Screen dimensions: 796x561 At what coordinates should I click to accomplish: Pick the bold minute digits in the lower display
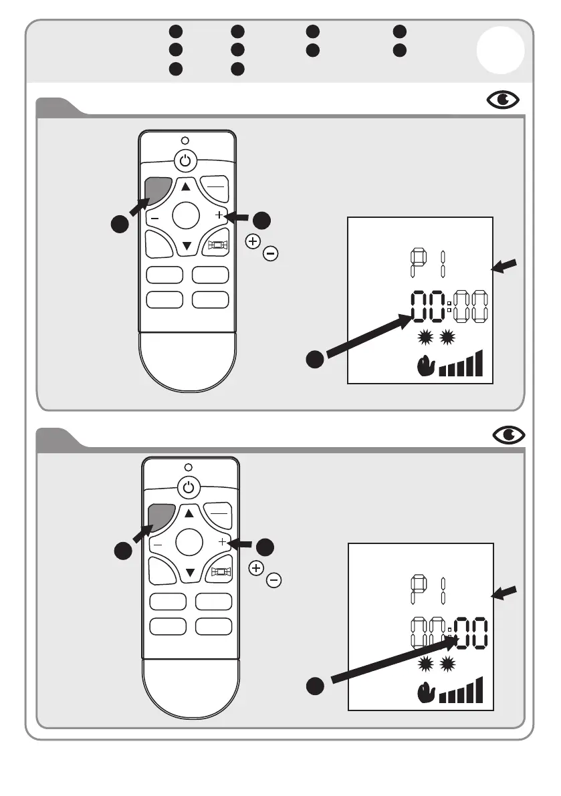click(x=472, y=634)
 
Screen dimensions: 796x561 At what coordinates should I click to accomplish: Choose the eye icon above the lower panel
click(x=510, y=435)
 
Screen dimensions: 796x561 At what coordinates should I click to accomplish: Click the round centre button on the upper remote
click(x=186, y=216)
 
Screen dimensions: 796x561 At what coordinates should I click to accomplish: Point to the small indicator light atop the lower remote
click(x=189, y=467)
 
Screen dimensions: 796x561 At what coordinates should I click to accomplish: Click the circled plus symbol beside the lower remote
click(x=255, y=568)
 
